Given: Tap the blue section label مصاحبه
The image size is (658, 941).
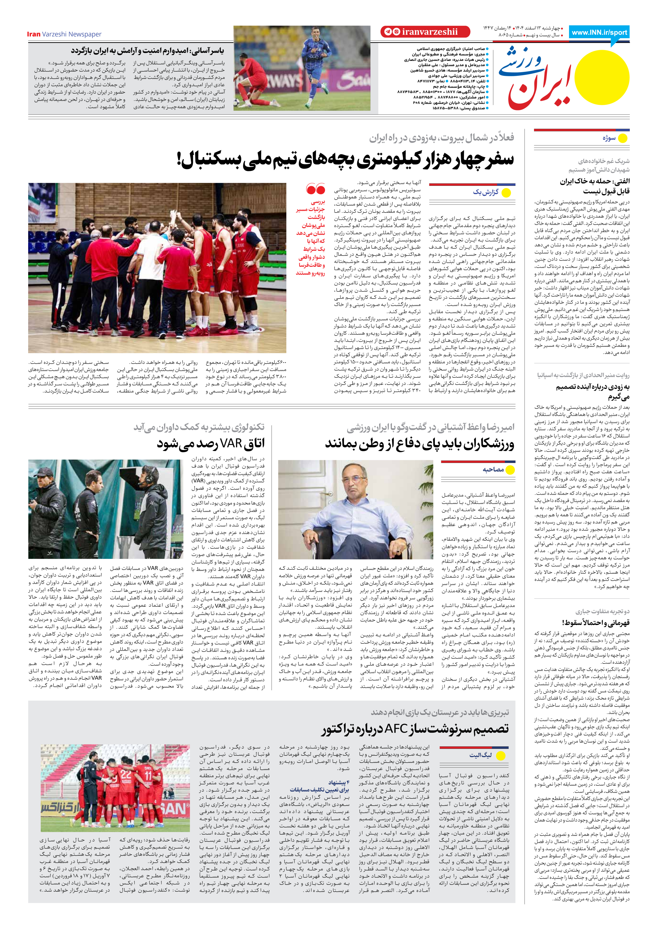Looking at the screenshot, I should [493, 469].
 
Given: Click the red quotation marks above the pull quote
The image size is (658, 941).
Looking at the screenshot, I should [316, 189].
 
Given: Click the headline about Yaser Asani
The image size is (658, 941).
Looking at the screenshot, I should [147, 51].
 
